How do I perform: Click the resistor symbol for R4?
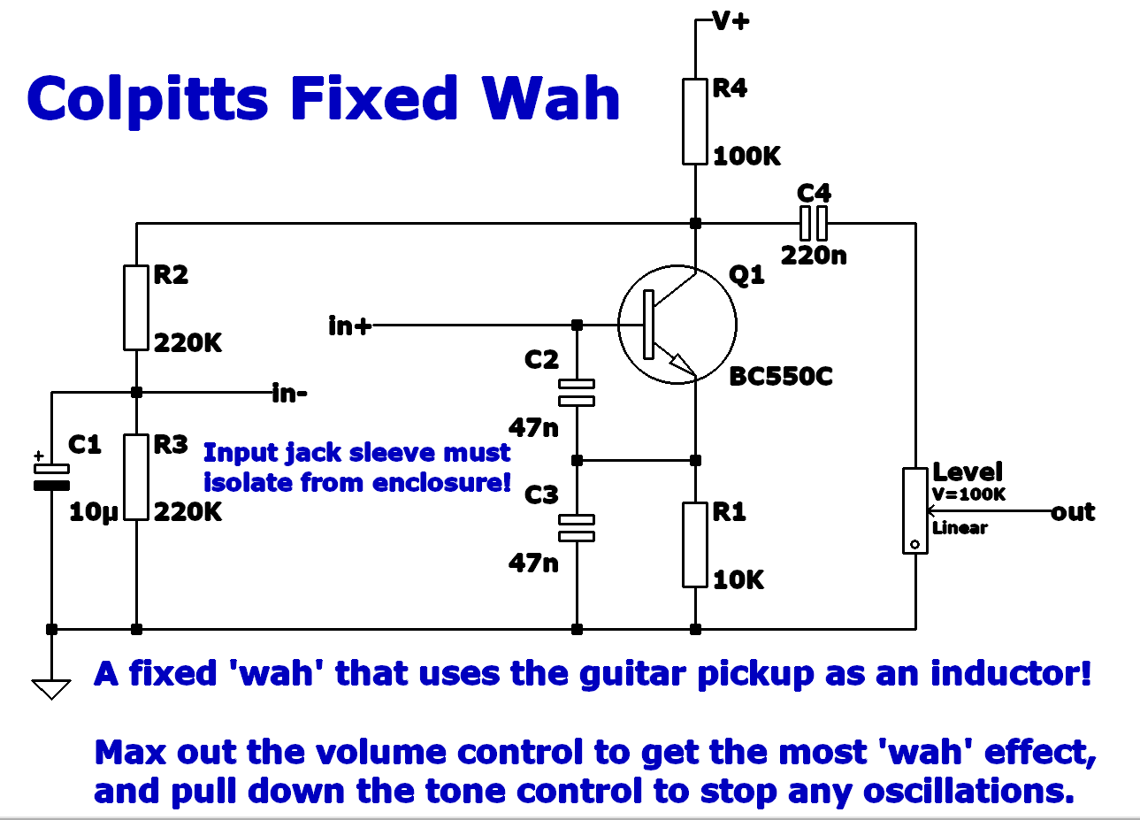coord(695,121)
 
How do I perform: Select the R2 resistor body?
coord(135,306)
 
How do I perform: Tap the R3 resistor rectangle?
coord(135,476)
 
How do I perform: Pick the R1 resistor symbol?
coord(695,544)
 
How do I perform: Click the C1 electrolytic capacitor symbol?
coord(51,476)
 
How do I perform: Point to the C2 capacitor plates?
coord(577,392)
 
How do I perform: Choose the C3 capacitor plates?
coord(577,527)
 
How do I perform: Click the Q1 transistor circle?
coord(677,325)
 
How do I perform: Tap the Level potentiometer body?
coord(914,510)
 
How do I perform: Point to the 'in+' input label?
coord(349,326)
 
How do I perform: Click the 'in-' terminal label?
coord(290,393)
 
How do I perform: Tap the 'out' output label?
coord(1073,512)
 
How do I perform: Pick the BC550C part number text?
coord(781,377)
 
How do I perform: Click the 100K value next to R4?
coord(746,157)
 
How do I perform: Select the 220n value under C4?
coord(814,256)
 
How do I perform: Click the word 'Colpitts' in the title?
coord(148,98)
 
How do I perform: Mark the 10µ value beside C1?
coord(93,512)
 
